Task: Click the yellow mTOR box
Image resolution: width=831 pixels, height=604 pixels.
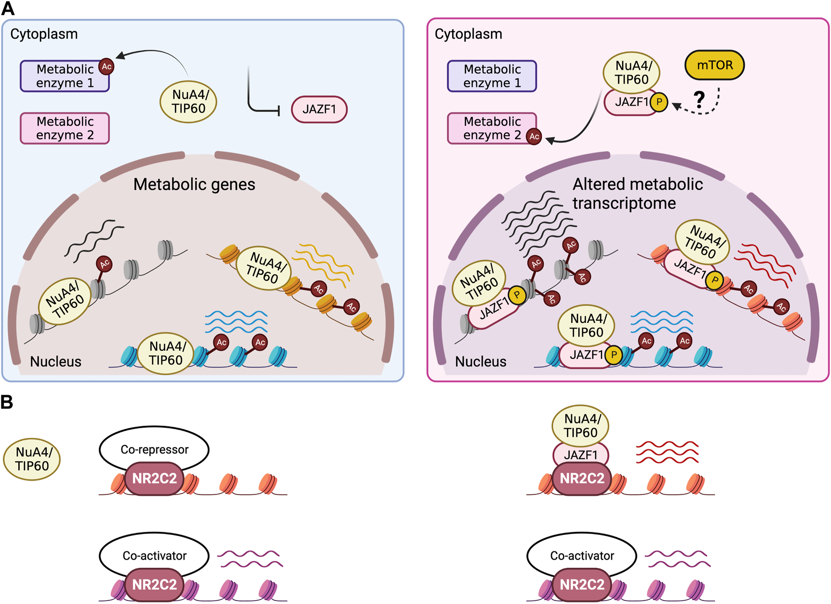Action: [x=714, y=65]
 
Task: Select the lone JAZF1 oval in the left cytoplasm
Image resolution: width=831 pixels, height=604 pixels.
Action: [x=319, y=109]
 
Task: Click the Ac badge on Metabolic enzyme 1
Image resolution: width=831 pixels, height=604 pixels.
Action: [x=106, y=67]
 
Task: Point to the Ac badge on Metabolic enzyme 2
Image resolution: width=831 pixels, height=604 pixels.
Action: [x=534, y=137]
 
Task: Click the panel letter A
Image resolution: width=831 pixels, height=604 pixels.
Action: [x=8, y=8]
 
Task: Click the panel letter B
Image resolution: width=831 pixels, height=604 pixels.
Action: [x=7, y=402]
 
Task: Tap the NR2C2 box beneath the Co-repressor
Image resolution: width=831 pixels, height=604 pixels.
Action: [x=154, y=478]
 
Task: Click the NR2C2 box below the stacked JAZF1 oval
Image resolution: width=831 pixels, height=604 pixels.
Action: [x=582, y=478]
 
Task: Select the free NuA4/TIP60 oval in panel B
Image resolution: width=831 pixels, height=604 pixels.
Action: [x=32, y=459]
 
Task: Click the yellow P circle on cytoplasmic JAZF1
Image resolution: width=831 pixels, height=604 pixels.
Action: [x=659, y=102]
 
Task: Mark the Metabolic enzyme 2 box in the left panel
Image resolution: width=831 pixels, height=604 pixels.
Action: [x=65, y=128]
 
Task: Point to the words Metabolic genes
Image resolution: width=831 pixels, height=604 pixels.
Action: [x=194, y=184]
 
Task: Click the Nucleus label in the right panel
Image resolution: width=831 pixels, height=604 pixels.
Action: [x=481, y=361]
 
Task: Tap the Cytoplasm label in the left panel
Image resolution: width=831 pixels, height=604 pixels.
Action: [x=44, y=34]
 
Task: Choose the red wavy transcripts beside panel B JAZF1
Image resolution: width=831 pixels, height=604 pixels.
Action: [x=667, y=452]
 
